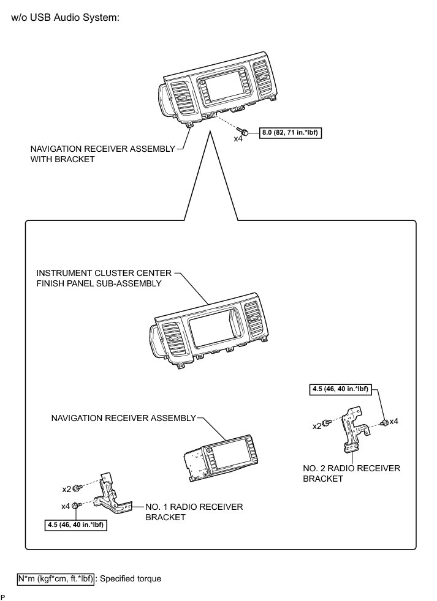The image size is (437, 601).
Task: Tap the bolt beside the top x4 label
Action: [245, 132]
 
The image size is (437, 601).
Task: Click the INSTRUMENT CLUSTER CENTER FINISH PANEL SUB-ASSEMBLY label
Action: [99, 278]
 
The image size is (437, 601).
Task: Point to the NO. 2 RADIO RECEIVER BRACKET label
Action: [351, 473]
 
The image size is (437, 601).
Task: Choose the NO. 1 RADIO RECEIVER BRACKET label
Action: [194, 512]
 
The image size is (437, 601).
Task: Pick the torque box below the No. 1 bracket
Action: [76, 524]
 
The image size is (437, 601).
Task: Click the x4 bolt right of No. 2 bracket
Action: [384, 422]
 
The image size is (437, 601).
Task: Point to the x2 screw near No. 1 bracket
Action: [77, 488]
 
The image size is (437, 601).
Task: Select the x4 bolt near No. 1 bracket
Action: [76, 506]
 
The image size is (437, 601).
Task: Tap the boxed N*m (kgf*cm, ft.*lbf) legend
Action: [55, 578]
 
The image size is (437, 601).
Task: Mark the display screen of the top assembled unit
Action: [214, 90]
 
